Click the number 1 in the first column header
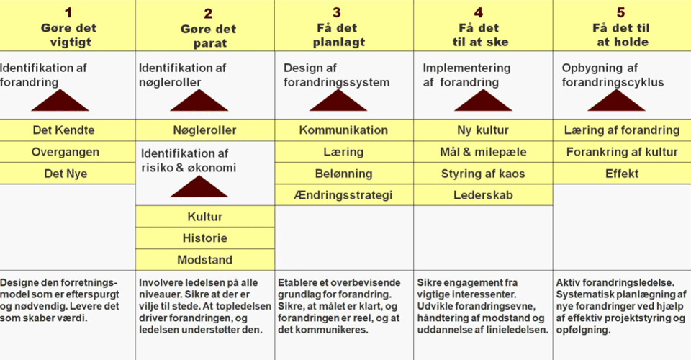(x=68, y=12)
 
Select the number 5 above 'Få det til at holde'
(x=620, y=12)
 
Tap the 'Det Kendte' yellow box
(x=68, y=130)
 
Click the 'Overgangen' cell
(x=68, y=152)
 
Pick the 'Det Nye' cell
(x=68, y=174)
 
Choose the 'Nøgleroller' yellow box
(x=205, y=130)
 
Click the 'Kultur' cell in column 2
(x=205, y=216)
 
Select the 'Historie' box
(x=205, y=238)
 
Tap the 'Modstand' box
(x=205, y=259)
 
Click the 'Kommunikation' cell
(x=344, y=130)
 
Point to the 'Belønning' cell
(x=344, y=174)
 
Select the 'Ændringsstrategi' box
(x=344, y=195)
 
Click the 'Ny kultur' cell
(x=483, y=130)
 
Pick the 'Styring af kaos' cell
(x=483, y=174)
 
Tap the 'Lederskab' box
(x=483, y=195)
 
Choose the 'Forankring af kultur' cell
(x=622, y=152)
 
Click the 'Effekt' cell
(x=622, y=174)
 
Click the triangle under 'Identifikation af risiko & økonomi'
(x=199, y=189)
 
